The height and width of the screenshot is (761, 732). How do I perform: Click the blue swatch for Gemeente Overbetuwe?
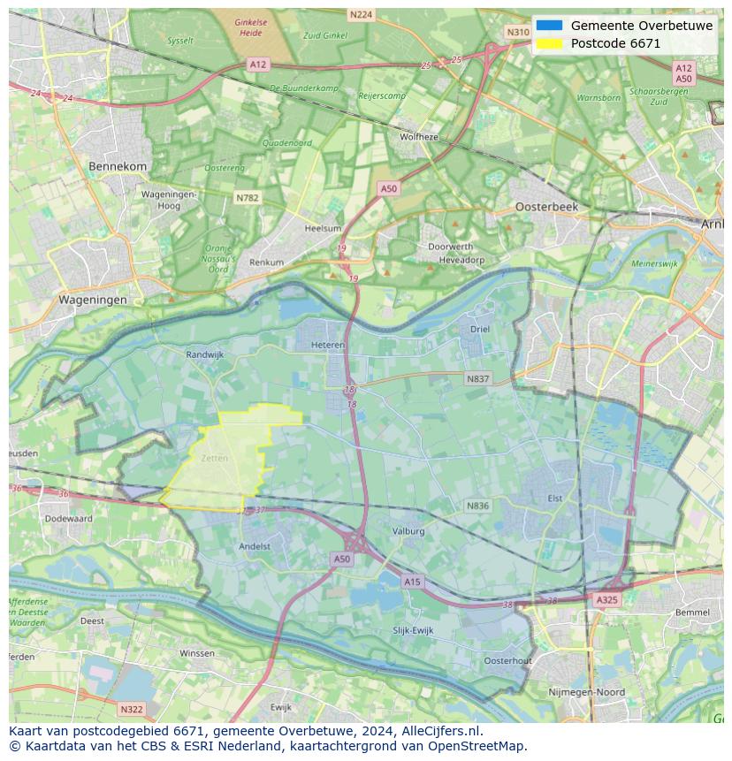(549, 26)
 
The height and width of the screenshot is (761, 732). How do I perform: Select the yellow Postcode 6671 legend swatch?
(549, 43)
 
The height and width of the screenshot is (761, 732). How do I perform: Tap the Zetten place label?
(214, 459)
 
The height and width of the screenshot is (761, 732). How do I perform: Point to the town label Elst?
(554, 498)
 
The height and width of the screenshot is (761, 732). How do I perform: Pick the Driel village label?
(480, 329)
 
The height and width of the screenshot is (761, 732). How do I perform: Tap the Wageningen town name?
(92, 300)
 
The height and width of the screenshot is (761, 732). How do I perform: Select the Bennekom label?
(118, 166)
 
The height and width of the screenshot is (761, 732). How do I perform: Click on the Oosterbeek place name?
(546, 206)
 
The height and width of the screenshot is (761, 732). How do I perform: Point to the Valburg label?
(408, 531)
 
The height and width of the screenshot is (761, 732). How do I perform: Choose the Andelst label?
(255, 546)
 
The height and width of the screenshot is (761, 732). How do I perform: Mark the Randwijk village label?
(205, 354)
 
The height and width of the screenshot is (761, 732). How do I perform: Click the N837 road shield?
(477, 378)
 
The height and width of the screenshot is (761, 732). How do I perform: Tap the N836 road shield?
(477, 506)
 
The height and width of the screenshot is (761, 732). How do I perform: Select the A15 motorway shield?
(412, 582)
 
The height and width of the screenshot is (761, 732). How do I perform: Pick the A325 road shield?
(606, 600)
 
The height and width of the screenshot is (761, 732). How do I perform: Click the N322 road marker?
(131, 709)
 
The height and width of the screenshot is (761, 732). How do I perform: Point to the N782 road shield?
(248, 198)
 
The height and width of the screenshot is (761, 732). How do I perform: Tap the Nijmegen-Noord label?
(586, 692)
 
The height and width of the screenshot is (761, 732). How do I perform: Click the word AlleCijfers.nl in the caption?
(439, 731)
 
